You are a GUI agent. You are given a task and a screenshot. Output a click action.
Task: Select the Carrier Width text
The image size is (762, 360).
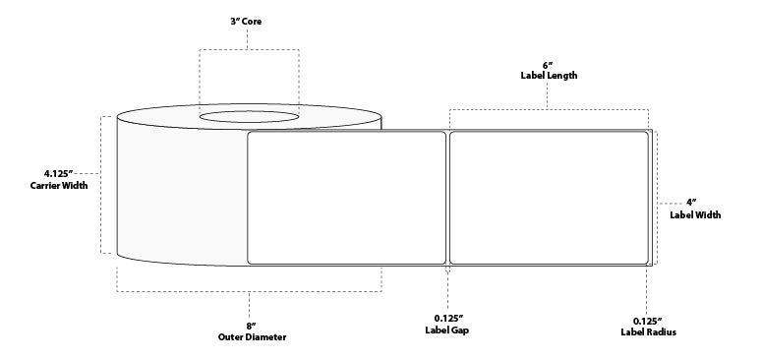tap(52, 185)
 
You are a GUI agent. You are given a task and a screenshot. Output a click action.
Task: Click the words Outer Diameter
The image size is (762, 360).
tap(252, 336)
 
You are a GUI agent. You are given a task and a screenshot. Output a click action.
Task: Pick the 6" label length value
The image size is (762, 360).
tap(548, 62)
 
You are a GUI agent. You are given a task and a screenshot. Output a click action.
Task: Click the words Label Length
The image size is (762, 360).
tap(549, 75)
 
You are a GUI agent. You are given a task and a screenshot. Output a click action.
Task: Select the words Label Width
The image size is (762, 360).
tap(694, 213)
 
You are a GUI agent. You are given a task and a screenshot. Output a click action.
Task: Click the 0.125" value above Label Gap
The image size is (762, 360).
tap(449, 318)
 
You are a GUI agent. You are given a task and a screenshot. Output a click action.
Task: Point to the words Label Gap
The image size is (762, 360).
tap(449, 331)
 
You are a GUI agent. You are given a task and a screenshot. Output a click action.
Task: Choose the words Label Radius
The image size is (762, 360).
tap(646, 331)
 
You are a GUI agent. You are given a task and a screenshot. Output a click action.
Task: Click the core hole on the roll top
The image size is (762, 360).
tap(250, 118)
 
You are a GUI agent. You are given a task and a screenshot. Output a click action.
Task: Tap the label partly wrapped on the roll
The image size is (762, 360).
tap(345, 197)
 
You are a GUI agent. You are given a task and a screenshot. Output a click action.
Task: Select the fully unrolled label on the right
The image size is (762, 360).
tap(549, 197)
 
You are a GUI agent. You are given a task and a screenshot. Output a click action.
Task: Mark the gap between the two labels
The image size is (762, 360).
tap(448, 197)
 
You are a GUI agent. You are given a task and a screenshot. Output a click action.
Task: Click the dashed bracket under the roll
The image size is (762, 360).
tap(250, 291)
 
